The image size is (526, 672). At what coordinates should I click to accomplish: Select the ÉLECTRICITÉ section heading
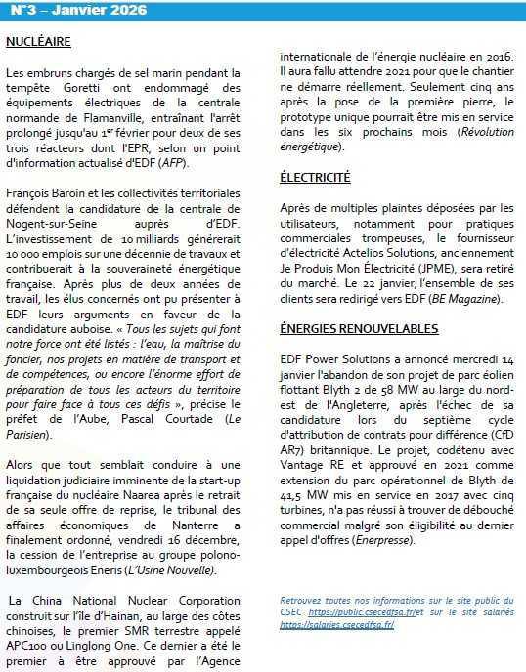pyautogui.click(x=315, y=178)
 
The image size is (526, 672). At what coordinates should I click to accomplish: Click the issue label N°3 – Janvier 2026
pyautogui.click(x=76, y=10)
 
